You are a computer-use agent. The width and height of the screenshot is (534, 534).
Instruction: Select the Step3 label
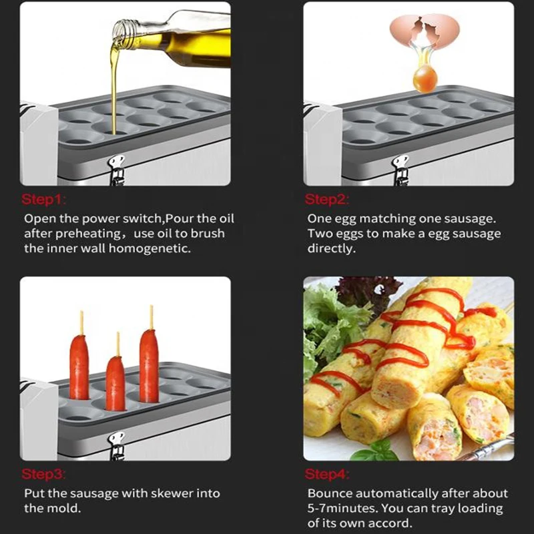point(43,475)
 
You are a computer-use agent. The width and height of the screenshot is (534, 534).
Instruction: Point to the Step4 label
point(327,475)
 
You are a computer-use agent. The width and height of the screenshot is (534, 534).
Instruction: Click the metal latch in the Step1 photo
point(117,169)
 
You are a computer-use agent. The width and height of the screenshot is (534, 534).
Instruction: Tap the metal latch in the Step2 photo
point(400,169)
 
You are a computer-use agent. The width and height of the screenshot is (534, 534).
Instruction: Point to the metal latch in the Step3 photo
point(117,444)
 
